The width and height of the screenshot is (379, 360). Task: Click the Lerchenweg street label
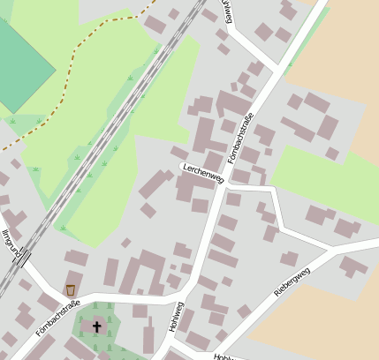coord(203,172)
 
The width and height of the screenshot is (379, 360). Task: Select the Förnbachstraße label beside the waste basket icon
coord(57,319)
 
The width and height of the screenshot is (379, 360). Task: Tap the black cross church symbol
coord(96,326)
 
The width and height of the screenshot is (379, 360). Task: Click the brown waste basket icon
coord(70,290)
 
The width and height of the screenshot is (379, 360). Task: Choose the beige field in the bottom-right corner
coord(327,318)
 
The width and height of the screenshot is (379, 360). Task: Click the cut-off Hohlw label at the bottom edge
coord(224,356)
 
